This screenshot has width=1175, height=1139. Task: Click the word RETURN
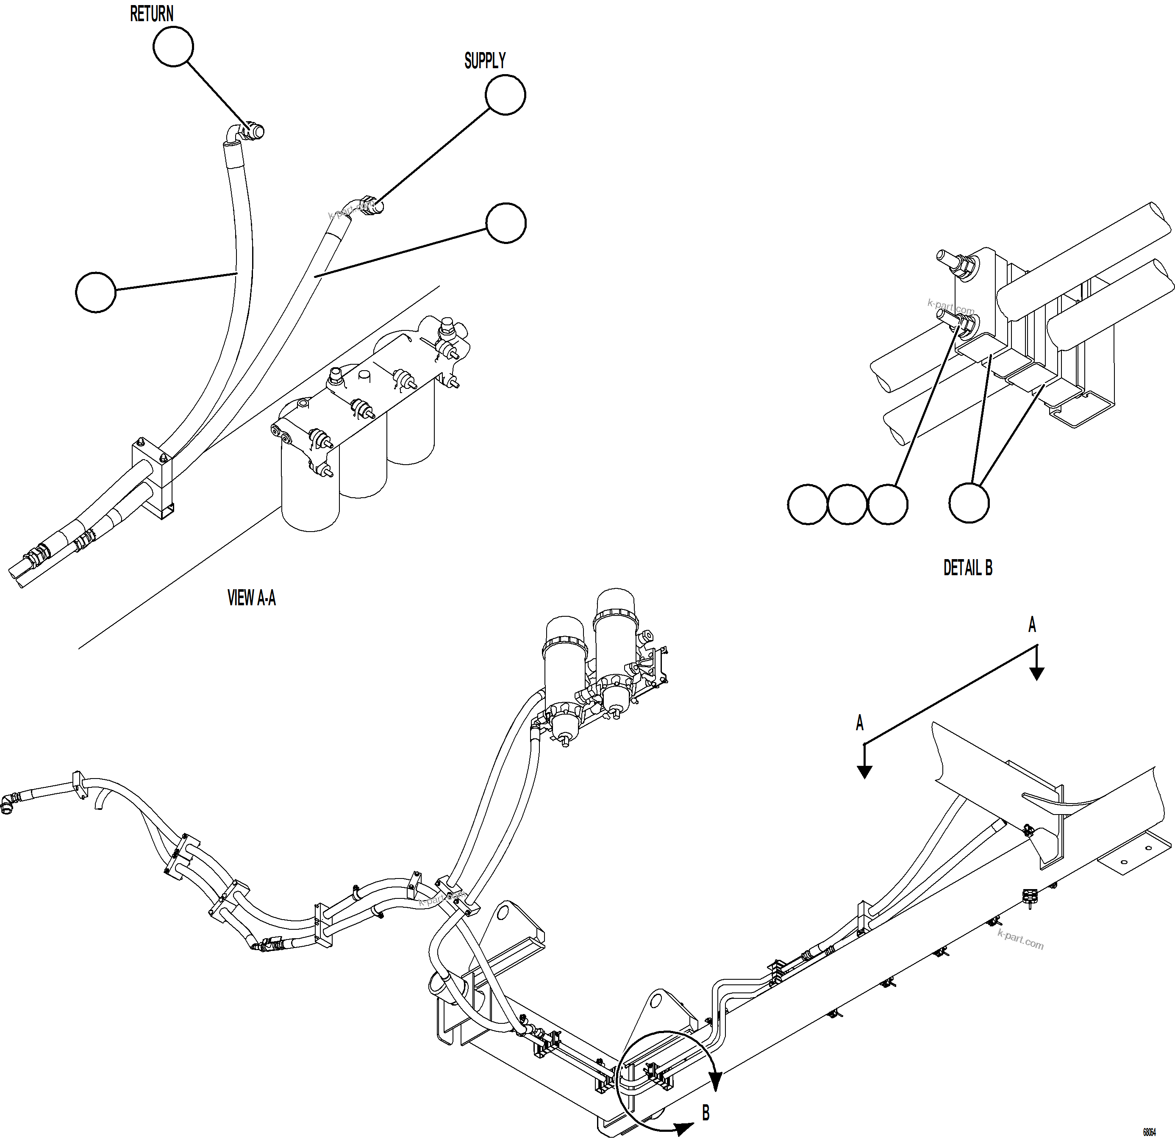coord(151,14)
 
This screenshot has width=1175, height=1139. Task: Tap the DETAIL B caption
coord(967,568)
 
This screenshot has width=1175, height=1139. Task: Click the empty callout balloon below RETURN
coord(173,47)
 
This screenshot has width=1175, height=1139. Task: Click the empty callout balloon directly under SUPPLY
coord(506,94)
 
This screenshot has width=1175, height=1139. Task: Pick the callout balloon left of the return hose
coord(96,292)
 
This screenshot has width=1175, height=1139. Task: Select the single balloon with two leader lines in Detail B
coord(969,503)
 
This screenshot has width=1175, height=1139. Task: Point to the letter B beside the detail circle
coord(706,1113)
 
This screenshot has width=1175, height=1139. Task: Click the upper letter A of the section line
coord(1032,626)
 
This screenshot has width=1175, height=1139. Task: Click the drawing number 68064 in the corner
coord(1149,1132)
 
